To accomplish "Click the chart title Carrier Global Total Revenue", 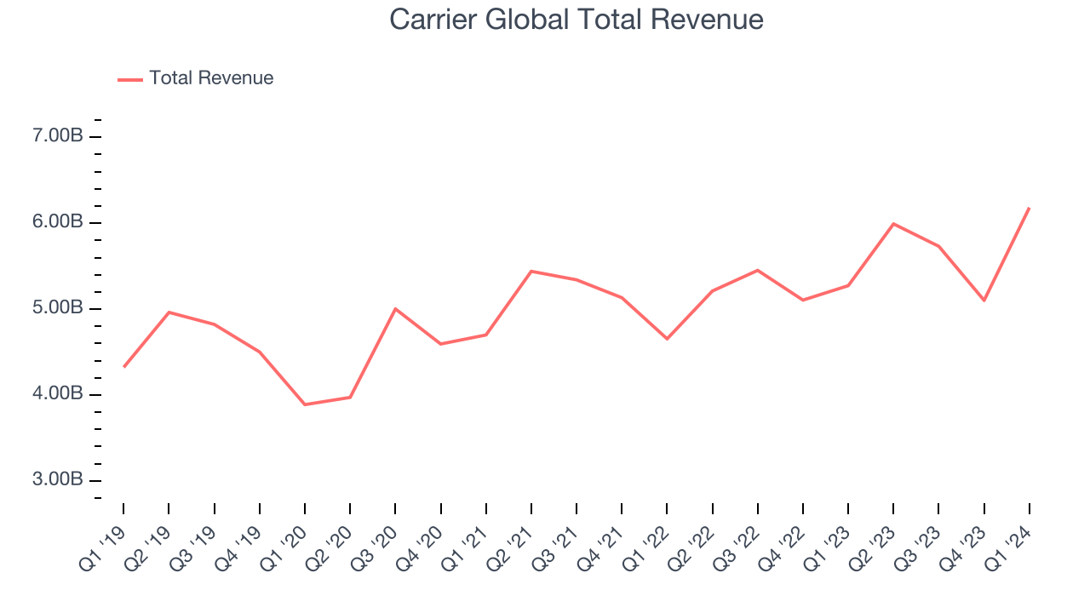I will point(577,19).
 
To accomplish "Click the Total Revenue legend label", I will point(211,78).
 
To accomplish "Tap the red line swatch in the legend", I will point(130,79).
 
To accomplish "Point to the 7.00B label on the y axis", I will point(58,136).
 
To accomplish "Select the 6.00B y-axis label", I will point(58,222).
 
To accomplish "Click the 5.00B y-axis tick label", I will point(58,308).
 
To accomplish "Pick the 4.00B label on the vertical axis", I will point(58,394).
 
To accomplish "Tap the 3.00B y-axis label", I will point(58,480).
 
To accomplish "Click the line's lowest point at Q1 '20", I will point(305,404).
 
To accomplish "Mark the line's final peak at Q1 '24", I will point(1030,208).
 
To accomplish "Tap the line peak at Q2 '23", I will point(893,224).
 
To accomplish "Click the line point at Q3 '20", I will point(395,309).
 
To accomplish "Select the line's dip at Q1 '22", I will point(667,339).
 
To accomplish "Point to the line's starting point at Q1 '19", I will point(123,367).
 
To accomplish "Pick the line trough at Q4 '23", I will point(984,301).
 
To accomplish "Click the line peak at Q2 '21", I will point(531,272).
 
